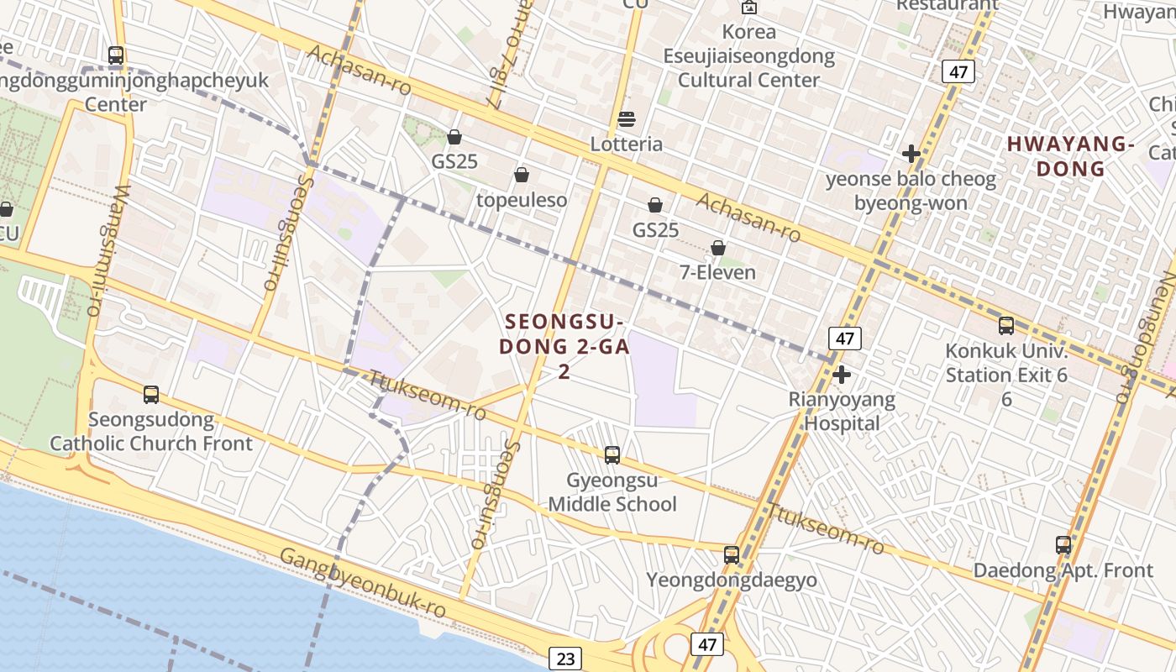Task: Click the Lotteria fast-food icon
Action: click(x=627, y=119)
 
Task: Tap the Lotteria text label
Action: click(x=627, y=144)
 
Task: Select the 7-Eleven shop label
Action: click(x=717, y=272)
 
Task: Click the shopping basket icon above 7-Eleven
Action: click(x=718, y=248)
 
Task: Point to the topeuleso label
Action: click(x=522, y=200)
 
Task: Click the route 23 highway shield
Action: click(x=565, y=659)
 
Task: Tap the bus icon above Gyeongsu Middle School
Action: click(x=612, y=455)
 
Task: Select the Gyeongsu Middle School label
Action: click(x=612, y=492)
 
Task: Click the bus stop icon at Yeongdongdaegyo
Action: click(x=732, y=554)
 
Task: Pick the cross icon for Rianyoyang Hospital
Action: click(x=842, y=374)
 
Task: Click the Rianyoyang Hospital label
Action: click(x=842, y=412)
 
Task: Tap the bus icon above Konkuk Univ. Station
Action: click(x=1006, y=326)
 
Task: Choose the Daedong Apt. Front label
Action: click(x=1063, y=570)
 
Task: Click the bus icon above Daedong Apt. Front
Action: click(x=1063, y=544)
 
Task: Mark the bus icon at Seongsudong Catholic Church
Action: click(x=151, y=394)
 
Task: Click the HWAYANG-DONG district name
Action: click(x=1070, y=156)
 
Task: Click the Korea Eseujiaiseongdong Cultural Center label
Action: click(x=749, y=56)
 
